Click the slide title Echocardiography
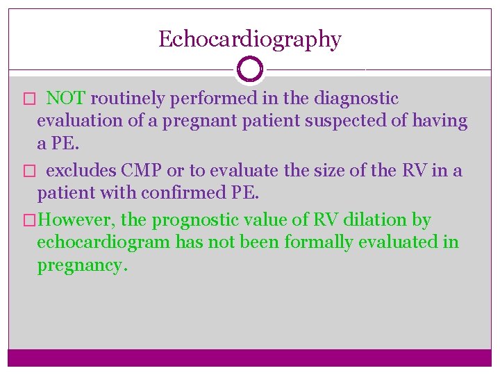(249, 39)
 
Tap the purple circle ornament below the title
(249, 69)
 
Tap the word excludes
(81, 170)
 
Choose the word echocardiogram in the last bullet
(103, 242)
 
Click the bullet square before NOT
(28, 99)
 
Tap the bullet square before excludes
(28, 171)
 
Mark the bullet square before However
(28, 221)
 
